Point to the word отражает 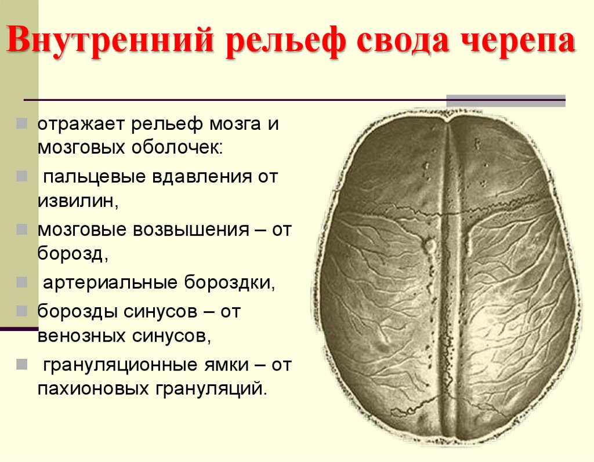80,125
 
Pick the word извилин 78,201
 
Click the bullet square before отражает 21,124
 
